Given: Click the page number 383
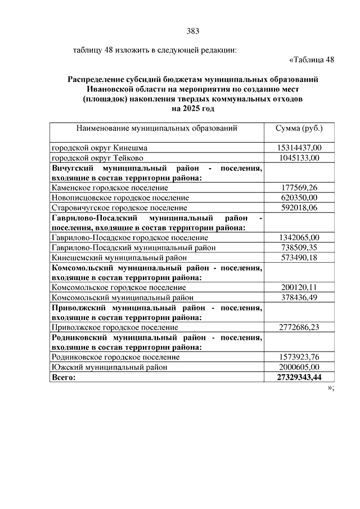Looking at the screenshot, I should pyautogui.click(x=193, y=31).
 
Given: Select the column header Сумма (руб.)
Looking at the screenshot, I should pyautogui.click(x=298, y=128).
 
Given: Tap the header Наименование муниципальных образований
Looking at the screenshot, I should pyautogui.click(x=157, y=128).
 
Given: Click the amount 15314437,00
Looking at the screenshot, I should pyautogui.click(x=298, y=148).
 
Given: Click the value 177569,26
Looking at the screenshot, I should pyautogui.click(x=298, y=187).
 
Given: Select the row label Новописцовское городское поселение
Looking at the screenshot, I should pyautogui.click(x=120, y=198).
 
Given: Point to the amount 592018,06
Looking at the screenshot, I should pyautogui.click(x=298, y=208).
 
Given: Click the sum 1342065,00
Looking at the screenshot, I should pyautogui.click(x=298, y=237).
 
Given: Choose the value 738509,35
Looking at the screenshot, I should pyautogui.click(x=298, y=247).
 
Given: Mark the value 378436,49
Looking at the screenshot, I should pyautogui.click(x=298, y=297).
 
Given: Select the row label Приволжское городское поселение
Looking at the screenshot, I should pyautogui.click(x=115, y=327).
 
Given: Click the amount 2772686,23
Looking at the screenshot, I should pyautogui.click(x=298, y=327).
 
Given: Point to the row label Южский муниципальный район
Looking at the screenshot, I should pyautogui.click(x=101, y=367).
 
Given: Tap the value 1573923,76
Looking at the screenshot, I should pyautogui.click(x=298, y=357).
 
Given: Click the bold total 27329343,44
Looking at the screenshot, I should pyautogui.click(x=298, y=377).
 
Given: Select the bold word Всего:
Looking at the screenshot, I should pyautogui.click(x=63, y=377).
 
